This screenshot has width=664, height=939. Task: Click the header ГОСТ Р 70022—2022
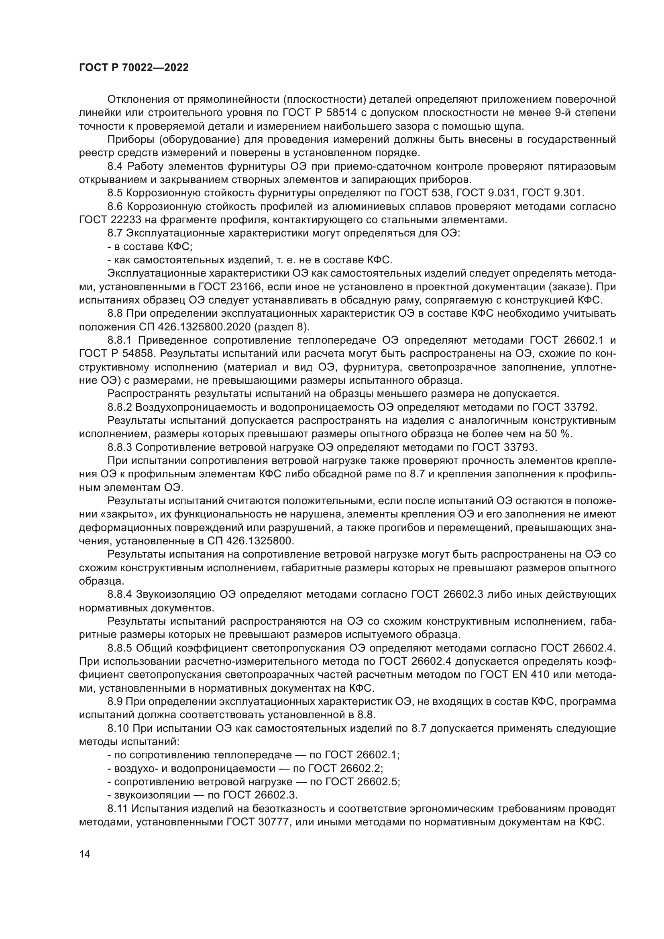click(134, 68)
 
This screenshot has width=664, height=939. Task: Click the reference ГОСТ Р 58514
click(319, 113)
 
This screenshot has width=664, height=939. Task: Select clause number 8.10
click(118, 727)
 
